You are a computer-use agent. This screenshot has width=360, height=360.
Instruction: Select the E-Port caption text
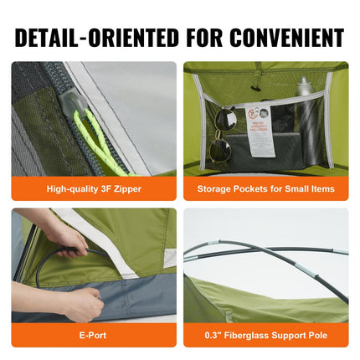tap(95, 334)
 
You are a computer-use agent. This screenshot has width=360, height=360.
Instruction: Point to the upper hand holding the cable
tap(67, 239)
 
